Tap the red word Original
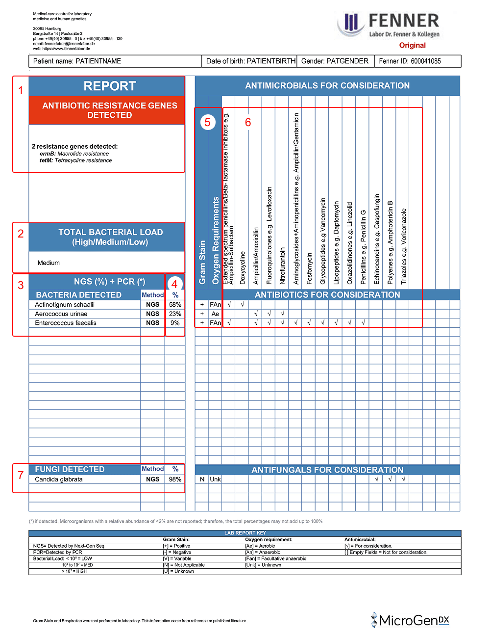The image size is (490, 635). click(x=412, y=45)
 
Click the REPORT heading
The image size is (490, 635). click(x=109, y=86)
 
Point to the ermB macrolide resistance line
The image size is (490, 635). click(x=74, y=154)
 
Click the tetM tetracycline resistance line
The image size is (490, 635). click(x=76, y=160)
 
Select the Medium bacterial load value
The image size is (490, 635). click(x=49, y=263)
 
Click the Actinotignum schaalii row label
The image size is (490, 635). click(x=65, y=305)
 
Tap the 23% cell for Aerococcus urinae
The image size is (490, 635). click(x=175, y=314)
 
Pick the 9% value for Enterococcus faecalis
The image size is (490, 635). click(x=175, y=323)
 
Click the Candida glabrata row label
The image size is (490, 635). click(x=59, y=479)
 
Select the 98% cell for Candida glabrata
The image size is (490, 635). click(x=175, y=479)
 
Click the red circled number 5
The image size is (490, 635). click(x=207, y=122)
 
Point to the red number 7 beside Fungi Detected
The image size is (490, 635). click(x=21, y=475)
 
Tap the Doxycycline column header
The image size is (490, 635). click(x=243, y=267)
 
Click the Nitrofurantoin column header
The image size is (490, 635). click(x=283, y=265)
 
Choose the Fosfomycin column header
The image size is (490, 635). click(x=309, y=268)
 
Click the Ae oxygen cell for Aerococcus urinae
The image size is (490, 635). click(x=215, y=314)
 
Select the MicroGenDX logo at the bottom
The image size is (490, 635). click(x=411, y=620)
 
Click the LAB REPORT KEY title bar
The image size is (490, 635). click(x=245, y=533)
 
